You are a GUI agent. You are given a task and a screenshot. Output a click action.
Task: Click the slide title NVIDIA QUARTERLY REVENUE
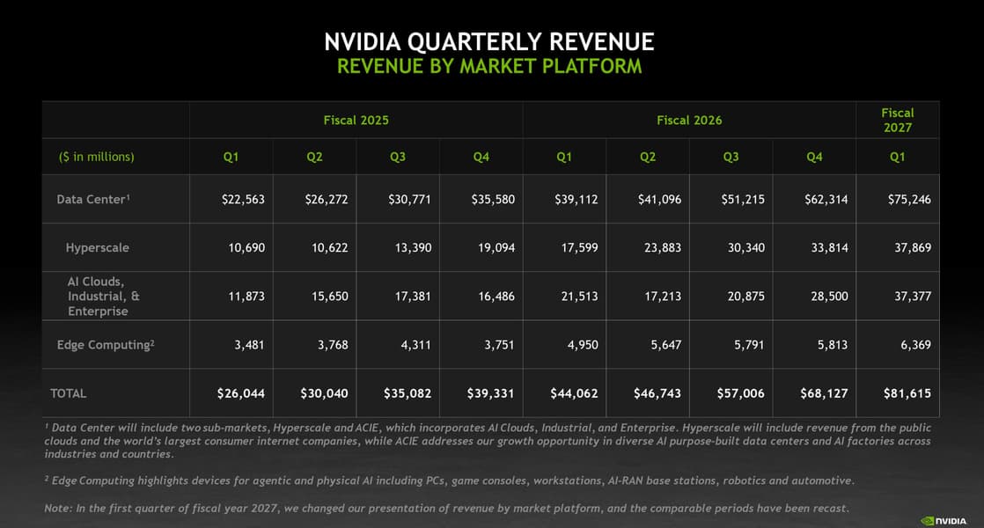pos(488,42)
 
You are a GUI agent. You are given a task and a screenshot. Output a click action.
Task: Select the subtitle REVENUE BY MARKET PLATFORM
pos(489,66)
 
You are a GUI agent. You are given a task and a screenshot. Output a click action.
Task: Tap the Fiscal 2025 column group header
pos(356,120)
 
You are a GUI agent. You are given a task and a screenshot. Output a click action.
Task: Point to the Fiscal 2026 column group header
pos(689,120)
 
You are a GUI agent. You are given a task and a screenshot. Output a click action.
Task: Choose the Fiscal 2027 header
pos(898,120)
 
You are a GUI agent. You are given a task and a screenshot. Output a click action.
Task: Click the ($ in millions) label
pos(97,157)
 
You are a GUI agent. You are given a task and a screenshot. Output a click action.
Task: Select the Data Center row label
pos(93,199)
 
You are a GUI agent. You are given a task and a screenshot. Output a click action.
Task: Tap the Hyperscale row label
pos(98,247)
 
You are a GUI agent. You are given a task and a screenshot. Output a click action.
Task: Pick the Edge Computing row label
pos(106,345)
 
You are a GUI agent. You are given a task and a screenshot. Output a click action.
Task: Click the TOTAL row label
pos(68,393)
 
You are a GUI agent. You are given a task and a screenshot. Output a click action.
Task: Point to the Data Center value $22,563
pos(243,200)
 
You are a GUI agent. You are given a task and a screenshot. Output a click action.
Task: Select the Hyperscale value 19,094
pos(496,247)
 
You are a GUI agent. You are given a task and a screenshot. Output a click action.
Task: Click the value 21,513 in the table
pos(579,296)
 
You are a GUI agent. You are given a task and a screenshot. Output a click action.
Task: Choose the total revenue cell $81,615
pos(907,393)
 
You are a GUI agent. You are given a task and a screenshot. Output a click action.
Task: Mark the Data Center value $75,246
pos(909,200)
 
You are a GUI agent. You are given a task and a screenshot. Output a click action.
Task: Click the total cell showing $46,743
pos(657,393)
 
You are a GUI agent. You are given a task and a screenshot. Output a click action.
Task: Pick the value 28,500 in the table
pos(829,296)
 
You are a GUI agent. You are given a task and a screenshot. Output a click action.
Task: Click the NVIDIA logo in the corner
pos(944,520)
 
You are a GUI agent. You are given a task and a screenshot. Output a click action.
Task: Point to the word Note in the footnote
pos(56,508)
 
